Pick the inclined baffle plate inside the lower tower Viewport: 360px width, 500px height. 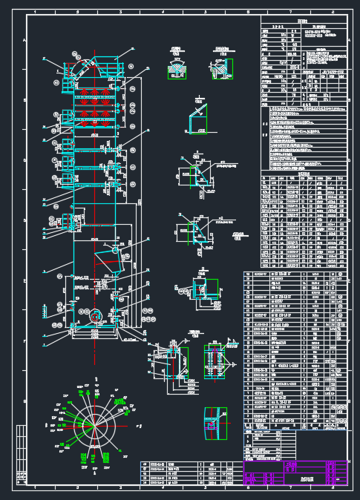point(108,260)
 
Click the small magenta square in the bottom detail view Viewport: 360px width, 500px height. point(210,424)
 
